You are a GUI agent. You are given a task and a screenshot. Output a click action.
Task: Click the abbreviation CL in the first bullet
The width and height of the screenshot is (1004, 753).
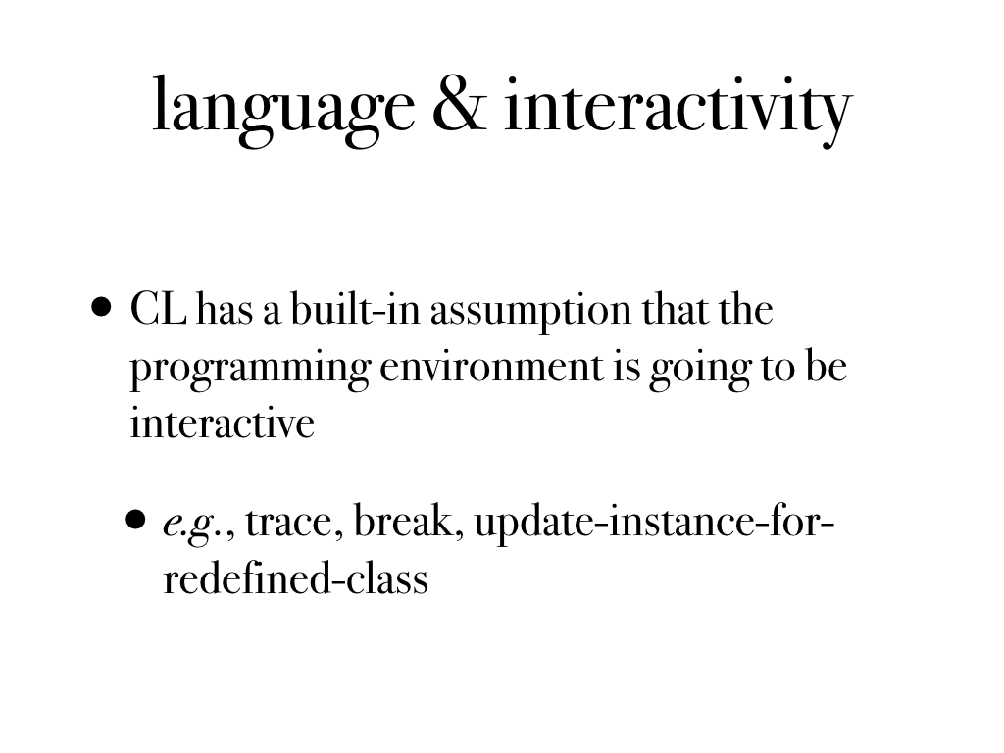click(158, 309)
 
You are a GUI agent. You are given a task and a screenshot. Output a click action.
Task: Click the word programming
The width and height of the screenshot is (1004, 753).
click(250, 370)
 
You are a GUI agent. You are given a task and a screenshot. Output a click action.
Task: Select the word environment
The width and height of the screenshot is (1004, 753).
click(492, 367)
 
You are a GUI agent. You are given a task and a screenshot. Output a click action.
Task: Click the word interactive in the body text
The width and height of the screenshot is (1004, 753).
click(223, 423)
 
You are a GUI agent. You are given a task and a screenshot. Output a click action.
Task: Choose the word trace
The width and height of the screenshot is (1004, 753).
click(290, 523)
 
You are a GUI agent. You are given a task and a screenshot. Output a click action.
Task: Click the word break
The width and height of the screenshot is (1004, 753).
click(409, 521)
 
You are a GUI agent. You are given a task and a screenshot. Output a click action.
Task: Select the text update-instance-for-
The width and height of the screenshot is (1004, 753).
click(654, 524)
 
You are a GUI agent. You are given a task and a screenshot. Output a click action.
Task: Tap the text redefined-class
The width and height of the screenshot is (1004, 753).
click(296, 578)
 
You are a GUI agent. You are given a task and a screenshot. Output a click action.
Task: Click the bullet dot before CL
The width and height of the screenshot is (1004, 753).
click(101, 307)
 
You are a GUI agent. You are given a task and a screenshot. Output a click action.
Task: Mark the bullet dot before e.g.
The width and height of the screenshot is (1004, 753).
click(135, 520)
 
